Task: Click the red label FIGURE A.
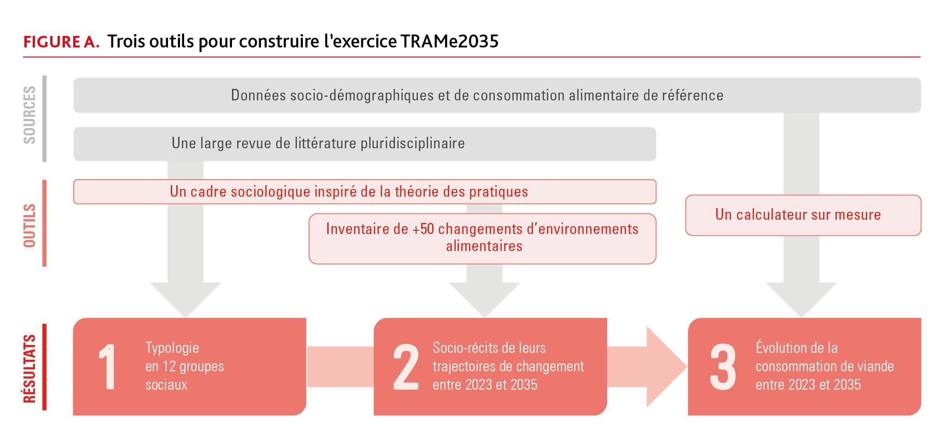[61, 42]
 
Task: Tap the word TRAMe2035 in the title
[450, 41]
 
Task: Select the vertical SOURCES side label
[29, 115]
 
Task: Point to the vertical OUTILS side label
[29, 226]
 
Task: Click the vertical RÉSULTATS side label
[29, 368]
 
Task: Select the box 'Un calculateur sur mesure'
[803, 215]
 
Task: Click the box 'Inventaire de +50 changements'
[482, 239]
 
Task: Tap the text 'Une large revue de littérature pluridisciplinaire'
[318, 143]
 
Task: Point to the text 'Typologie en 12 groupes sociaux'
[185, 366]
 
